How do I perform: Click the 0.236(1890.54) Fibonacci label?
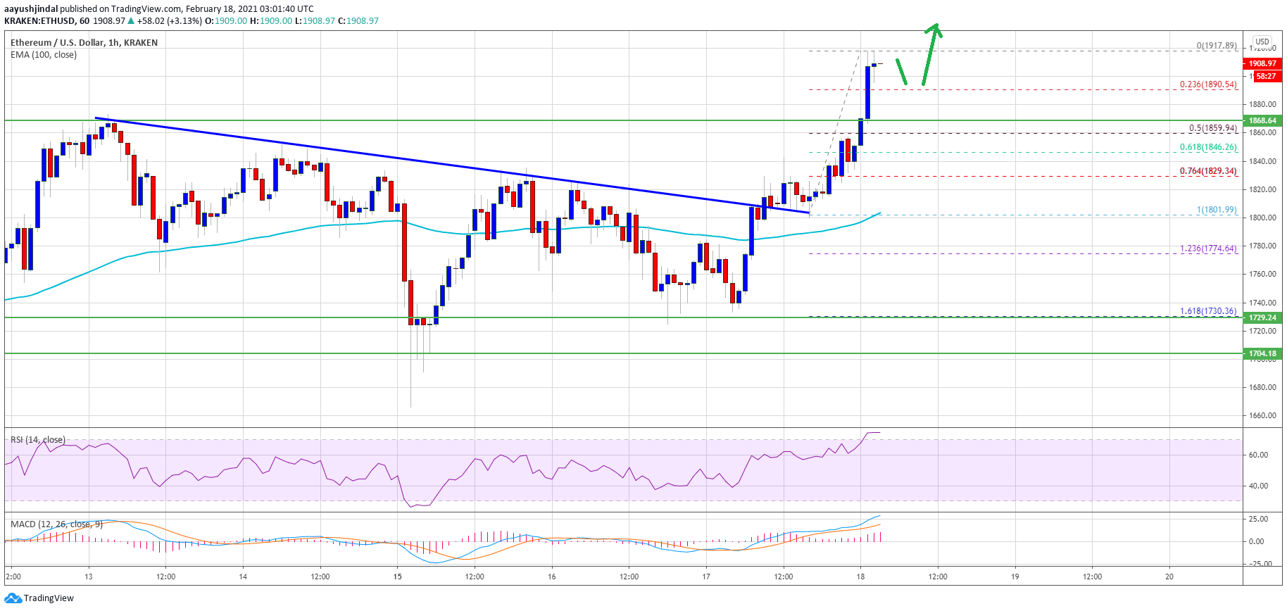pyautogui.click(x=1208, y=84)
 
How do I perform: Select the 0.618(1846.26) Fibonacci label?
pyautogui.click(x=1208, y=147)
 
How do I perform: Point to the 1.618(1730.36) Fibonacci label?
pyautogui.click(x=1208, y=311)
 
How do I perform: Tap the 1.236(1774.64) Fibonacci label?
pyautogui.click(x=1208, y=248)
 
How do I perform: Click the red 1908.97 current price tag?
pyautogui.click(x=1262, y=63)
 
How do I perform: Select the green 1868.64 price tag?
pyautogui.click(x=1262, y=120)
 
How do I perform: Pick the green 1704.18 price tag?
pyautogui.click(x=1262, y=353)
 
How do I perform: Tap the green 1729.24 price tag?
pyautogui.click(x=1262, y=317)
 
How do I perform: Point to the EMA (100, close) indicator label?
pyautogui.click(x=44, y=55)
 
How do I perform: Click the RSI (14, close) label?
pyautogui.click(x=38, y=440)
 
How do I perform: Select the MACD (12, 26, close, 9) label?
pyautogui.click(x=56, y=524)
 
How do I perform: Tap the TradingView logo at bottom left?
pyautogui.click(x=39, y=598)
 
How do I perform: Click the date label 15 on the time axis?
pyautogui.click(x=398, y=577)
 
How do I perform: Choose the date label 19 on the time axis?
pyautogui.click(x=1015, y=577)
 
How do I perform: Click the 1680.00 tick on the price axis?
pyautogui.click(x=1262, y=387)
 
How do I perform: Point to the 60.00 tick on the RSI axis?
pyautogui.click(x=1258, y=455)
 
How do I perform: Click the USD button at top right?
pyautogui.click(x=1262, y=42)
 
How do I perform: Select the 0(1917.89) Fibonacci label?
pyautogui.click(x=1216, y=46)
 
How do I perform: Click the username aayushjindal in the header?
pyautogui.click(x=31, y=9)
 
